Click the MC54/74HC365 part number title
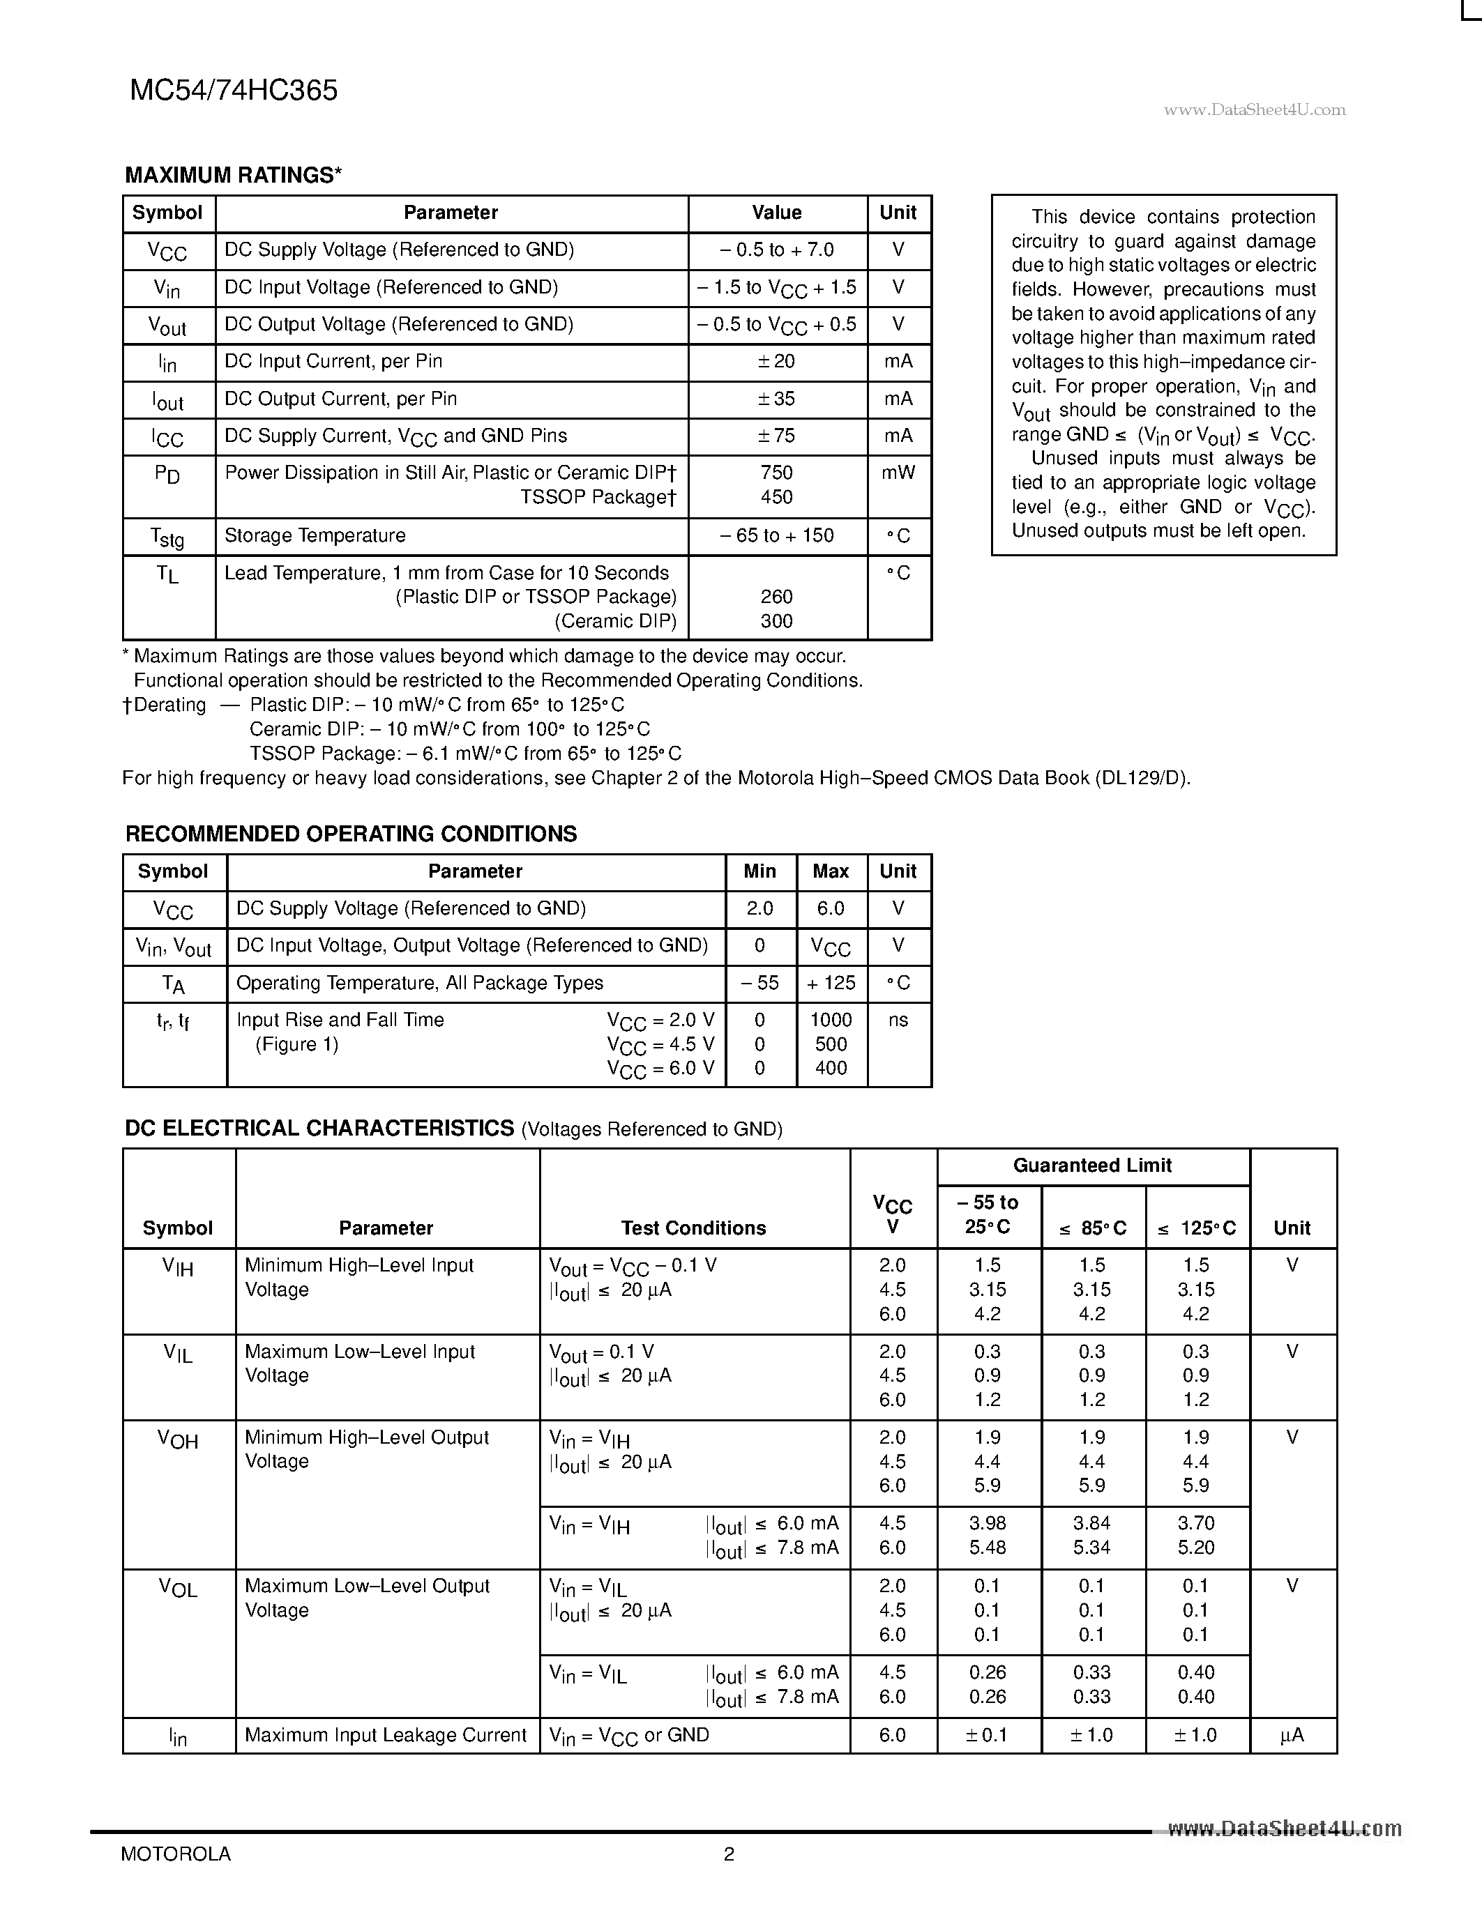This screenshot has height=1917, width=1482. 234,91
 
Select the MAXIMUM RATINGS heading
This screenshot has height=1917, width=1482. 233,176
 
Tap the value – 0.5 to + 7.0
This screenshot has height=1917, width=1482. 776,250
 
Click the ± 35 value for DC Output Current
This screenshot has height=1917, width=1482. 776,399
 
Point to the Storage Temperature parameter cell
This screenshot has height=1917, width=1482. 315,536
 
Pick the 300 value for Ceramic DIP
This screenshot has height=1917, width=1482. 776,621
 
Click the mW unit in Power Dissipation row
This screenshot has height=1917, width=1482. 898,473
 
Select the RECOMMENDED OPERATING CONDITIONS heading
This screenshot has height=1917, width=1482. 351,834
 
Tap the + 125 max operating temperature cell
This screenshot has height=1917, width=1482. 831,983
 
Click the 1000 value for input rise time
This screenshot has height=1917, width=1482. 831,1020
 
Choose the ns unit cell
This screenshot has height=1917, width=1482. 898,1020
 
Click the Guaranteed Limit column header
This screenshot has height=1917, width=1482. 1092,1166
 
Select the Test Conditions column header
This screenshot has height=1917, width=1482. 694,1228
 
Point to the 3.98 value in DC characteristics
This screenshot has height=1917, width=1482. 988,1523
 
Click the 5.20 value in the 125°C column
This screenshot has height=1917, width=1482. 1196,1548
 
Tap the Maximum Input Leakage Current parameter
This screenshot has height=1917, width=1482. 386,1735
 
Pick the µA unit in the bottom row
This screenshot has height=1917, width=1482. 1292,1735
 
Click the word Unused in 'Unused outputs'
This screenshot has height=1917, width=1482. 1042,531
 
